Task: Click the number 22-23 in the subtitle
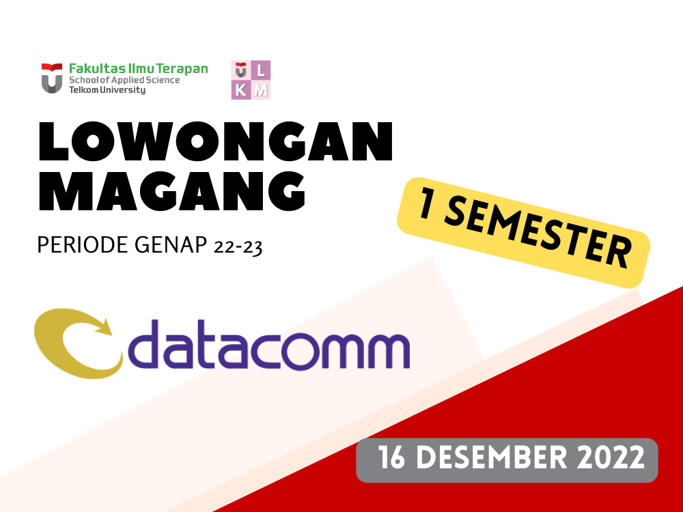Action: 238,246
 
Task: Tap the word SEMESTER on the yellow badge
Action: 542,235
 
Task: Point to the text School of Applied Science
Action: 124,80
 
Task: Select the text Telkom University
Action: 107,89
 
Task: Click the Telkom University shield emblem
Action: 52,78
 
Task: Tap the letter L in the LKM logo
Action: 262,70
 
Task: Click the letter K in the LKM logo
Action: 241,90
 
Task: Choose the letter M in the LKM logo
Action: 262,90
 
